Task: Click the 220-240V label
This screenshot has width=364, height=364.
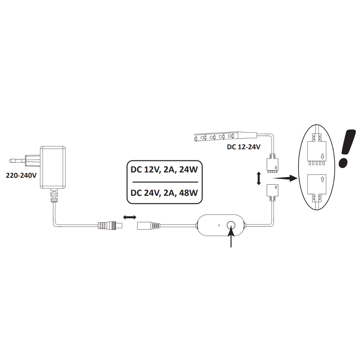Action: click(x=21, y=176)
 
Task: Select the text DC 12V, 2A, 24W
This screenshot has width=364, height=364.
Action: click(x=164, y=170)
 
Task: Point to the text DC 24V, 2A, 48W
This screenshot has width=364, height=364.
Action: click(x=164, y=193)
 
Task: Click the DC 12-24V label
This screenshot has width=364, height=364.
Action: click(x=244, y=147)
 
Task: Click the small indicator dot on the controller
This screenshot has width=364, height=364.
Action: click(x=219, y=225)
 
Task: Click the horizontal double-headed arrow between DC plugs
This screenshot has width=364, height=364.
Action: click(x=130, y=217)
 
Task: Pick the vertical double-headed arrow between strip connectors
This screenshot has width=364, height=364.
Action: click(x=259, y=178)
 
